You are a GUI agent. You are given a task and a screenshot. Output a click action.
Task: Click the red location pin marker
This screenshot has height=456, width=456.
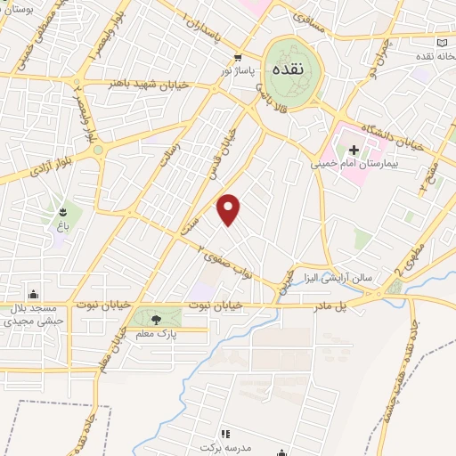(x=229, y=208)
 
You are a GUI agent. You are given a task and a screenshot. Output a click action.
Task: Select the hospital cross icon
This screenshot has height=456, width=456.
(x=354, y=150)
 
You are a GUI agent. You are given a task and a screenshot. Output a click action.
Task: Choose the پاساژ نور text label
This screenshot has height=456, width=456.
(x=239, y=69)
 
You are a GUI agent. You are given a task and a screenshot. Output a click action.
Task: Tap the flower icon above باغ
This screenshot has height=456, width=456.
(x=63, y=212)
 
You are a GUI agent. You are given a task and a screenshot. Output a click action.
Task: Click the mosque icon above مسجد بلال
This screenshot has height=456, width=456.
(x=34, y=294)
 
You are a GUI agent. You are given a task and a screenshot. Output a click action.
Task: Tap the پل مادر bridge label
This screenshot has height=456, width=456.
(x=329, y=305)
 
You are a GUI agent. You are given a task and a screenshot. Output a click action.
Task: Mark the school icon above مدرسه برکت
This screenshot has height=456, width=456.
(x=224, y=433)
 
